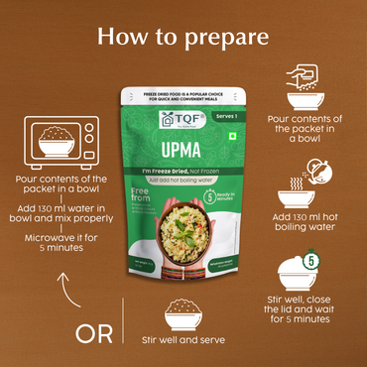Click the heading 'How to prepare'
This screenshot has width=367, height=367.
183,38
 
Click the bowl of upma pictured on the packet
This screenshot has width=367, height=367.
183,233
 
